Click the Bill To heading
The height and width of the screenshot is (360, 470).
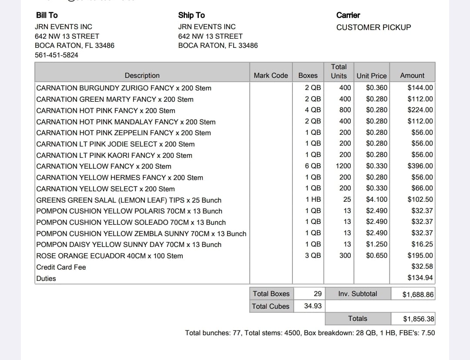pyautogui.click(x=47, y=15)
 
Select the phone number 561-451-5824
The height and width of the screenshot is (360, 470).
pyautogui.click(x=57, y=55)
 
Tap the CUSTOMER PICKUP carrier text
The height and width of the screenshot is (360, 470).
pyautogui.click(x=373, y=27)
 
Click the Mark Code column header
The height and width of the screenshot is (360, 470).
pyautogui.click(x=271, y=75)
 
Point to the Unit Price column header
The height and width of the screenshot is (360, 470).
pyautogui.click(x=371, y=76)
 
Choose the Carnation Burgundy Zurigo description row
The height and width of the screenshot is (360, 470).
pyautogui.click(x=124, y=88)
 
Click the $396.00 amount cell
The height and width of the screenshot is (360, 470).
pyautogui.click(x=420, y=166)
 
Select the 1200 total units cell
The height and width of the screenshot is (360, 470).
pyautogui.click(x=343, y=166)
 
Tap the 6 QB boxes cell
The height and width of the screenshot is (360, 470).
pyautogui.click(x=313, y=166)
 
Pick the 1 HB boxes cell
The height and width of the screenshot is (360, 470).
pyautogui.click(x=313, y=200)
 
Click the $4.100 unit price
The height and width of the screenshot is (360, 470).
pyautogui.click(x=376, y=200)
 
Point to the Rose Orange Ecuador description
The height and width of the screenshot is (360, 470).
pyautogui.click(x=110, y=256)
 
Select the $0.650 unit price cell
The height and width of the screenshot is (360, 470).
pyautogui.click(x=376, y=256)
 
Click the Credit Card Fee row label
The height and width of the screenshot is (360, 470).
pyautogui.click(x=61, y=267)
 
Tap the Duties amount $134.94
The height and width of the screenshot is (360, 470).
pyautogui.click(x=420, y=278)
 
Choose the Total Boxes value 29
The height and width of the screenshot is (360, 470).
pyautogui.click(x=318, y=294)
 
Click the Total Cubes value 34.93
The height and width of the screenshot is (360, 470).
pyautogui.click(x=313, y=306)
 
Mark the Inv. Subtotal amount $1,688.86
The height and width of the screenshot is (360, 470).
pyautogui.click(x=418, y=294)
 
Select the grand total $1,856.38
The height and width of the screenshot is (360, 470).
pyautogui.click(x=418, y=319)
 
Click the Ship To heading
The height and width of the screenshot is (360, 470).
pyautogui.click(x=191, y=15)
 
